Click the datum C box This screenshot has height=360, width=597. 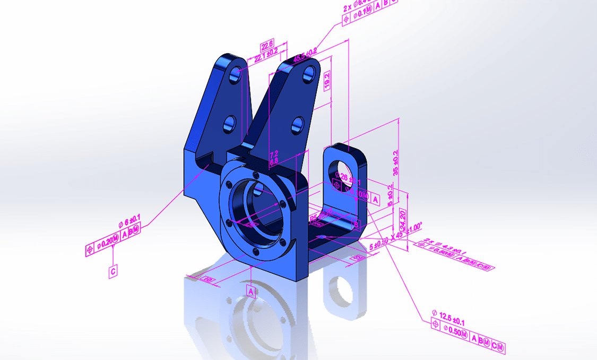[113, 271]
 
